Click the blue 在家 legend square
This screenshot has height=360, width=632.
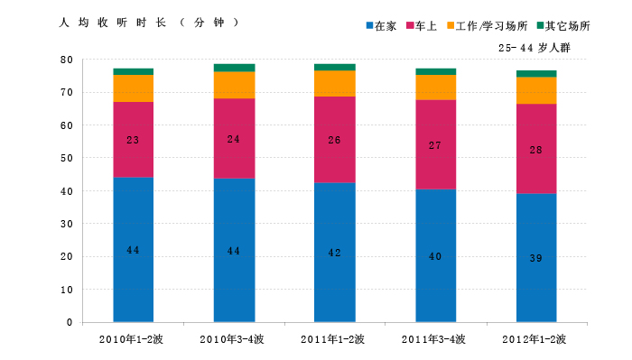369,25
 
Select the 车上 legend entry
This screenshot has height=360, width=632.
422,26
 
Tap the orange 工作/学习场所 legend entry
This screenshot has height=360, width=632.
487,26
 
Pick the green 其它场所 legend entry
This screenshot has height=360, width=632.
563,26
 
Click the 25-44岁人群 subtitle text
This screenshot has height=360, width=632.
534,48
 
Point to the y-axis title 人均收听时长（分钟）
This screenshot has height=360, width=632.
149,23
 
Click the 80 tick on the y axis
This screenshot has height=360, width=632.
67,60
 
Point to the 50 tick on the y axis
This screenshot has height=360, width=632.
67,158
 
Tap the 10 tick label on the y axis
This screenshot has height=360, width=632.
67,290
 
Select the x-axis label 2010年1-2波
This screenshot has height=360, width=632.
131,339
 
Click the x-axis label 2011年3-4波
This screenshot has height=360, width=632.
433,339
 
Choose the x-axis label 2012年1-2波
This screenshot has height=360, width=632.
534,339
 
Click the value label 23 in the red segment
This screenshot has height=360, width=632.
133,140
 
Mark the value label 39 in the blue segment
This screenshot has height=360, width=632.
535,258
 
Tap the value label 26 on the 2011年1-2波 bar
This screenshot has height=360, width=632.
334,140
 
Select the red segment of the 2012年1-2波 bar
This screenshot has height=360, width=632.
536,149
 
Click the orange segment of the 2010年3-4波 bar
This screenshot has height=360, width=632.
234,85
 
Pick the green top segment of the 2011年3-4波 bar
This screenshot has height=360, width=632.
436,71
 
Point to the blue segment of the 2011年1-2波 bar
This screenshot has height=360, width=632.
335,253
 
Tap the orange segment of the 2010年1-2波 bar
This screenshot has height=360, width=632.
134,88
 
